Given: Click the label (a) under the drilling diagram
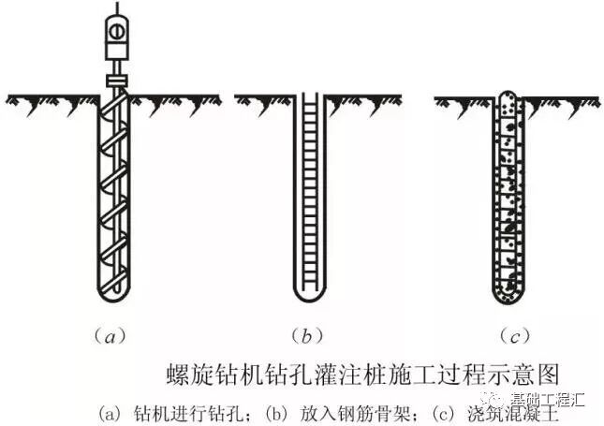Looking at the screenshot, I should (111, 332).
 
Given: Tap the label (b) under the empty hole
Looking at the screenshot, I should (309, 332).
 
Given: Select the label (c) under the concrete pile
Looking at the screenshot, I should (510, 332).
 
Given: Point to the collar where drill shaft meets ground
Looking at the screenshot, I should (116, 84).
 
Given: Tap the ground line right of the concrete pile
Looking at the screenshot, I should (562, 97).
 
